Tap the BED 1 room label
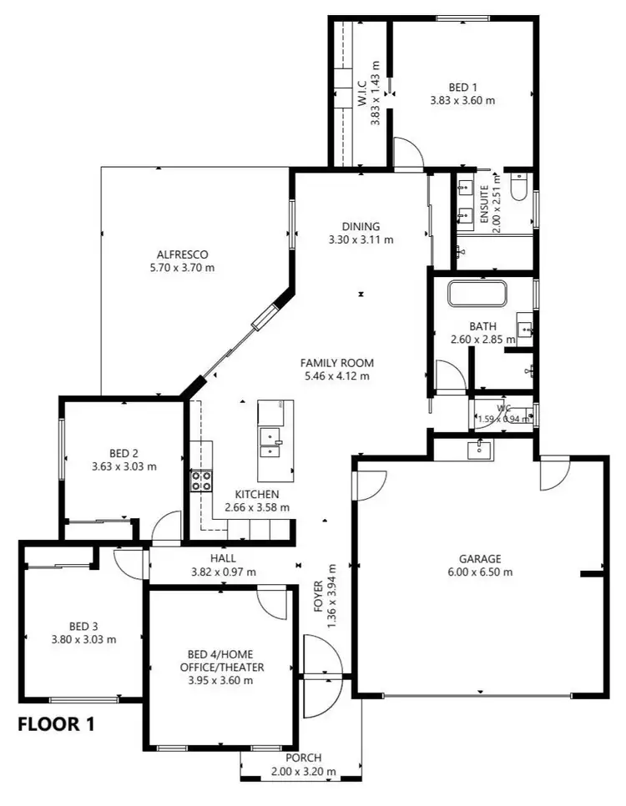tap(462, 87)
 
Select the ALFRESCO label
tap(182, 254)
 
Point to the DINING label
tap(361, 226)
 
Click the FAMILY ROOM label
tap(337, 363)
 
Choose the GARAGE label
tap(479, 558)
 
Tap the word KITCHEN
tap(256, 494)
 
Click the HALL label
tap(223, 558)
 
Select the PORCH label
tap(302, 758)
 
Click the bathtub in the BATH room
tap(477, 295)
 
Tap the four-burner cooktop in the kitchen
tap(201, 480)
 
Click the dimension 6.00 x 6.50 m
tap(479, 572)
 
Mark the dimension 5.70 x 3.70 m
tap(182, 268)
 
